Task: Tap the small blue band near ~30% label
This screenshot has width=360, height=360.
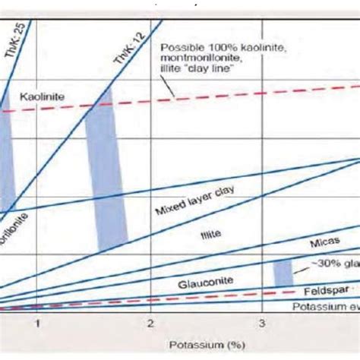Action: tap(283, 272)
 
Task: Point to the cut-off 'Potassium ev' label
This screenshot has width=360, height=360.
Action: tap(326, 305)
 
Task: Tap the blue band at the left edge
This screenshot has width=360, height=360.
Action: tap(6, 152)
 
